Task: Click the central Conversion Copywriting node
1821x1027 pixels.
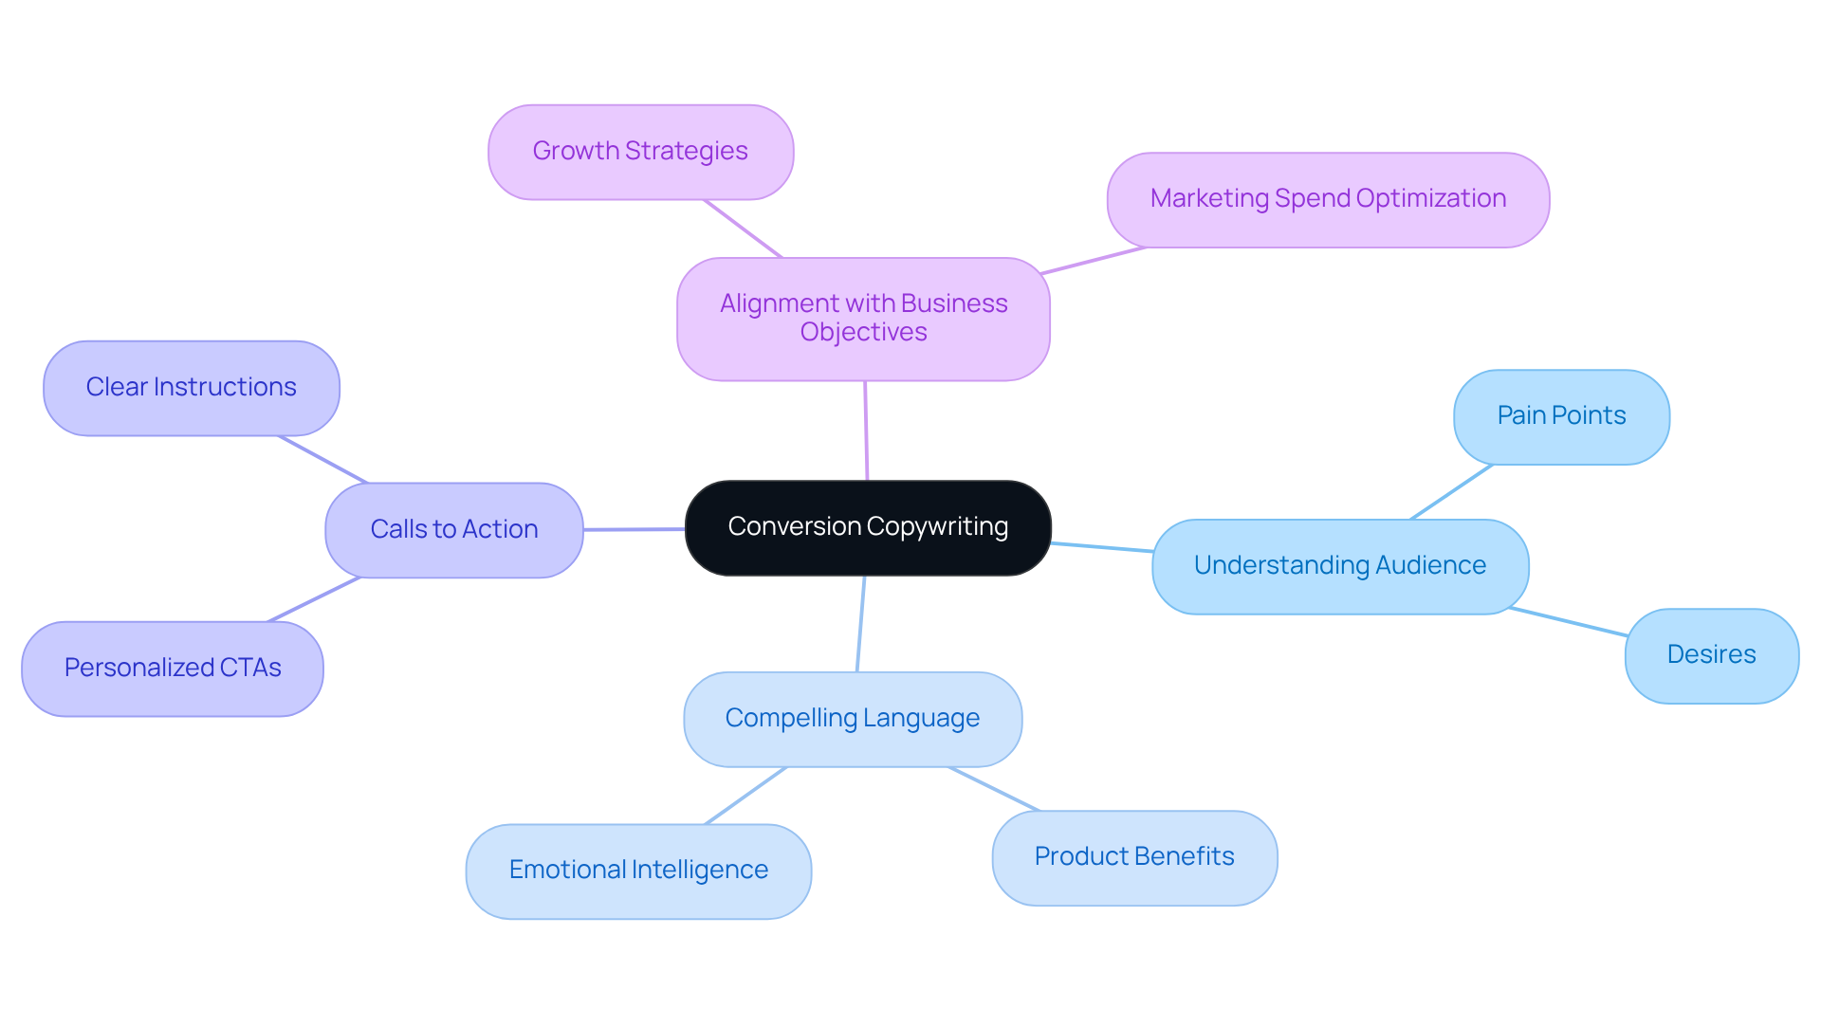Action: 868,527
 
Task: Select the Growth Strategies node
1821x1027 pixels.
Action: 640,152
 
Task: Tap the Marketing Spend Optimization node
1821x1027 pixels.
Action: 1328,199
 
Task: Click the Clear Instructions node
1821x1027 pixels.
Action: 191,388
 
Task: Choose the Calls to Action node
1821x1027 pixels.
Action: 453,529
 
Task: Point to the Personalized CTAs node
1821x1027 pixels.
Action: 172,669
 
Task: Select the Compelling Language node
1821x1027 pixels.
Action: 852,719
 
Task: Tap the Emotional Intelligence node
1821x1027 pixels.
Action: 638,871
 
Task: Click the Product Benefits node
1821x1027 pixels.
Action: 1134,857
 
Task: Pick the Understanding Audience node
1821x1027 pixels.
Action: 1339,566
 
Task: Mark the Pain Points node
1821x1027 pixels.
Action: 1561,416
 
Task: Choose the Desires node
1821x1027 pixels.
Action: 1711,655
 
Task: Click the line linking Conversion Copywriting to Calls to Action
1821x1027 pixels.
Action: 634,529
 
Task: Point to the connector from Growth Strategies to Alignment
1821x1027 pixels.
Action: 743,229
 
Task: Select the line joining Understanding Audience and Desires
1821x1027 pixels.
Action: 1569,622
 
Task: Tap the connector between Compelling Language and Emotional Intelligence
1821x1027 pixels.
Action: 745,796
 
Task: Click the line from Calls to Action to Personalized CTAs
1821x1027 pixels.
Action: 314,599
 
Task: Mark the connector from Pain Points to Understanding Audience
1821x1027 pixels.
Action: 1451,492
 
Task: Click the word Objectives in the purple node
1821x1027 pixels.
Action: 863,333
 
